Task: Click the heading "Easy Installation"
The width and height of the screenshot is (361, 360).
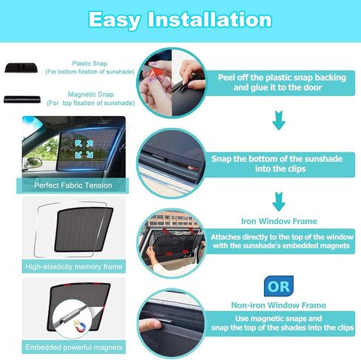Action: [x=180, y=19]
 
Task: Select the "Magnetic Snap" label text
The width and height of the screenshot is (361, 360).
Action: [x=90, y=95]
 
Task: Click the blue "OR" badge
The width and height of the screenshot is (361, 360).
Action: [x=277, y=284]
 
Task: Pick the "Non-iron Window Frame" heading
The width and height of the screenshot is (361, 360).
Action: [x=277, y=304]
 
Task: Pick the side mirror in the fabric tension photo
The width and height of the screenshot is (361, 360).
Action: [x=33, y=161]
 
